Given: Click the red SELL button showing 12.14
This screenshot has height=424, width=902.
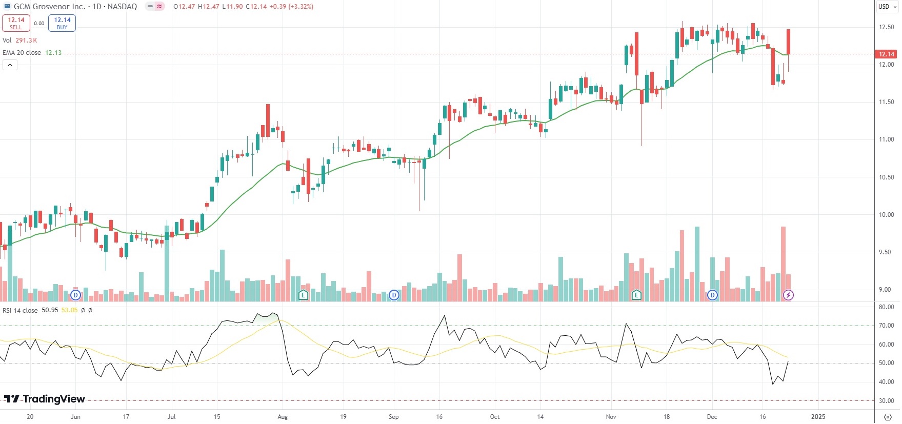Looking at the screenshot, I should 16,23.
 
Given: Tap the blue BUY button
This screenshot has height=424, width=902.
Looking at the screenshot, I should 62,23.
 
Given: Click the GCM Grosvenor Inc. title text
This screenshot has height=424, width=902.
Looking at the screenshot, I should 49,7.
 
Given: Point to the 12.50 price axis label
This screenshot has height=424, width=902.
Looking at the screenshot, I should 887,27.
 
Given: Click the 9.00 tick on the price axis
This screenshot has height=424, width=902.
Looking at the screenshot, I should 887,290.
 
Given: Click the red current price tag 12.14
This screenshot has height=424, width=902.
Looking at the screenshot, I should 886,54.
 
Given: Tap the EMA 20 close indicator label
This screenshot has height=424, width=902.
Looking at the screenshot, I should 22,53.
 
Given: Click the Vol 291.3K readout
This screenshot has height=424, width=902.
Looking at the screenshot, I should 20,41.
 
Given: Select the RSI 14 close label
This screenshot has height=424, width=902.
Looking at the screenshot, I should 21,310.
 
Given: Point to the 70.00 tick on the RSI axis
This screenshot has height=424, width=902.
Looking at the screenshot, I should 887,326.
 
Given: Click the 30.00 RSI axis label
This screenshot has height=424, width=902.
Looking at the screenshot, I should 887,401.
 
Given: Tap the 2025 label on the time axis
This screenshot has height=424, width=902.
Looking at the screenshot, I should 818,417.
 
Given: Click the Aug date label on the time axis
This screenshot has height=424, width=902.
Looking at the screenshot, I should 283,417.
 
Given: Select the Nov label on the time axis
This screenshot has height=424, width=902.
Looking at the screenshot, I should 611,417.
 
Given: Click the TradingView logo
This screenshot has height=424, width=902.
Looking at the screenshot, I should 45,399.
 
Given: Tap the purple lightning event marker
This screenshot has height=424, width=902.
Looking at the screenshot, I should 788,295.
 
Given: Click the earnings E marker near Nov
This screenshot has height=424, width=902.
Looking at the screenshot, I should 636,295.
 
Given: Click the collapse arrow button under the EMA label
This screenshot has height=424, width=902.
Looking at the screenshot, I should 10,65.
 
